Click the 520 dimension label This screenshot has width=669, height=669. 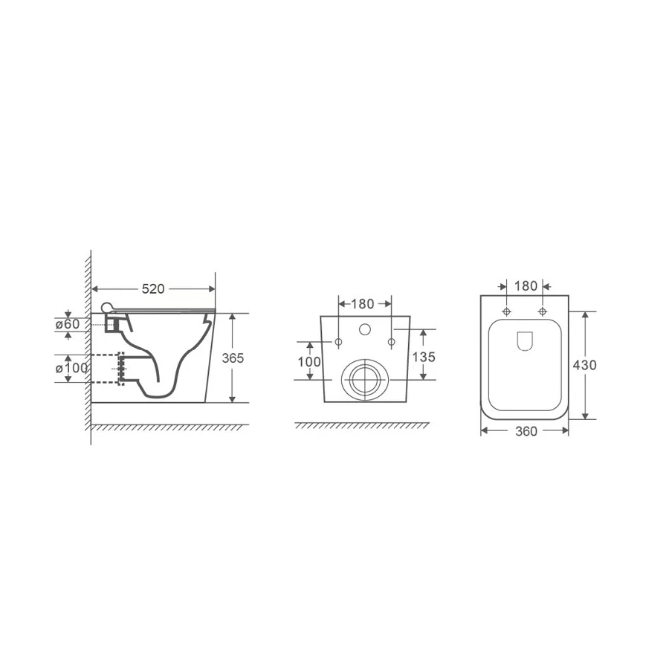[x=152, y=289]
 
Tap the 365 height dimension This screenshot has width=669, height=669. [x=233, y=358]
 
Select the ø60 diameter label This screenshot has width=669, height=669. [x=68, y=324]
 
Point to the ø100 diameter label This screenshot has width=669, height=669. [x=71, y=368]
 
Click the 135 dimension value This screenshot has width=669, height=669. [x=423, y=357]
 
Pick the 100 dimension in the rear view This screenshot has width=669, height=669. [x=309, y=362]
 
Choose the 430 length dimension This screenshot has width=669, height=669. [x=584, y=365]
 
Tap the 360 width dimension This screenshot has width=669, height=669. [x=526, y=431]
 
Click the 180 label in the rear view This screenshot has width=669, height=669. [x=363, y=304]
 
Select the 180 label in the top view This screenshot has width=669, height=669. [x=526, y=286]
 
